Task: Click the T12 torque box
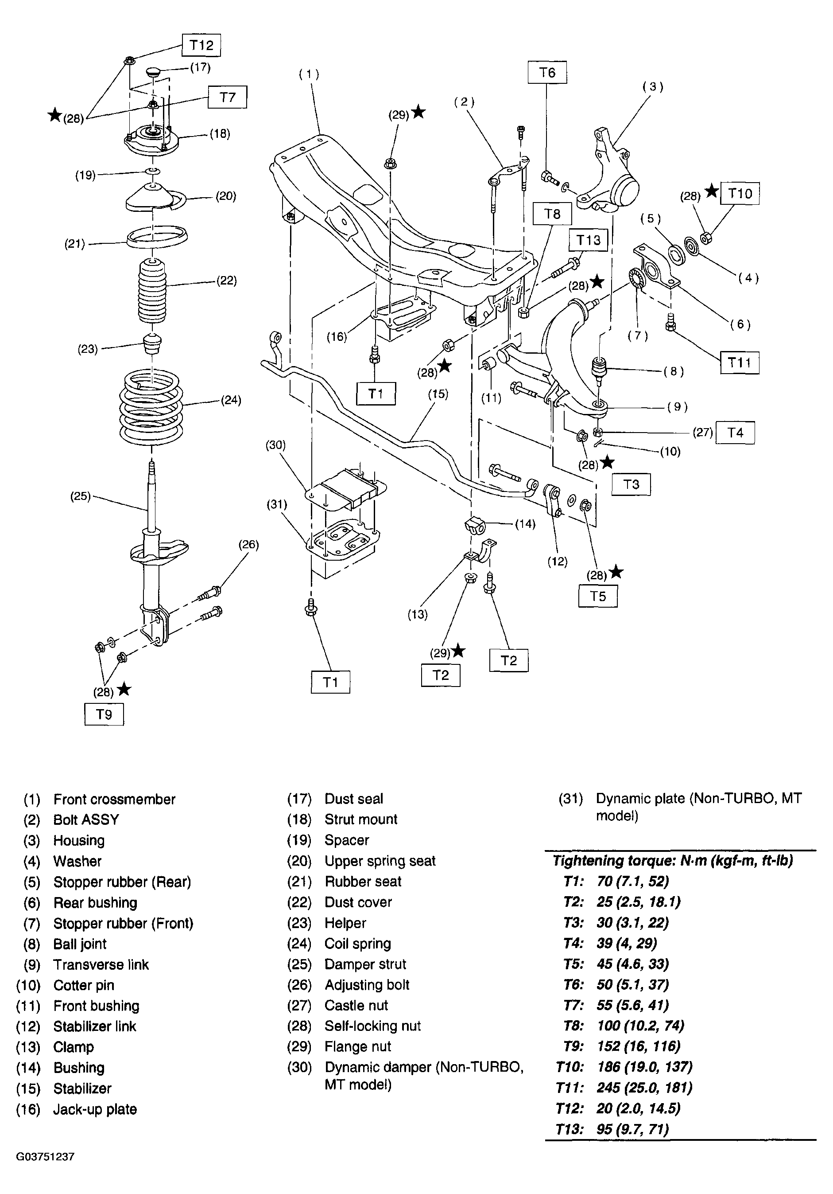(x=201, y=45)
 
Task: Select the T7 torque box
(x=227, y=97)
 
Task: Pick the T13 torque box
(x=588, y=240)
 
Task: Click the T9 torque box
(x=104, y=714)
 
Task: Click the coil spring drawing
(x=151, y=405)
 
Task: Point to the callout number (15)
(x=438, y=394)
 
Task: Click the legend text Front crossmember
(x=114, y=799)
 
